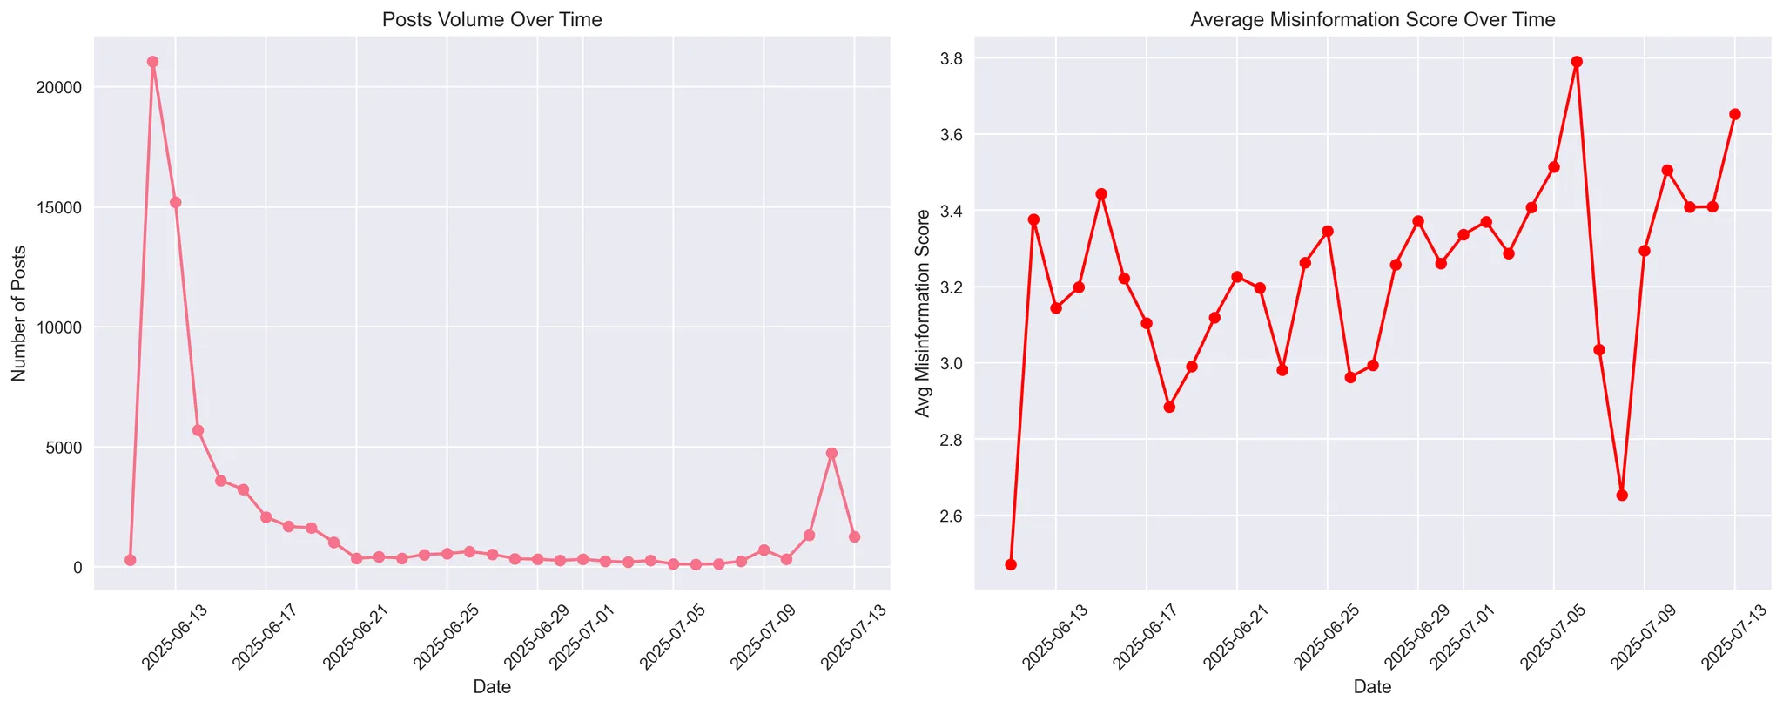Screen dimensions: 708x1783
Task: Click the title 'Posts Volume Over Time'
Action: tap(493, 20)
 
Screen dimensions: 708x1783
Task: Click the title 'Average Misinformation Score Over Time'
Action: tap(1373, 20)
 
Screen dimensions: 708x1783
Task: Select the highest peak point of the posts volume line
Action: tap(152, 62)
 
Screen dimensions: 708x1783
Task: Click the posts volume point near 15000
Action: tap(175, 202)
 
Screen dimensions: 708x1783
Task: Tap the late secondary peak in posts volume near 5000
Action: tap(831, 454)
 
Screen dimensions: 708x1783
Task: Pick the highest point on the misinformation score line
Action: tap(1577, 62)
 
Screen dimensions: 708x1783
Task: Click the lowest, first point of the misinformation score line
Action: tap(1011, 564)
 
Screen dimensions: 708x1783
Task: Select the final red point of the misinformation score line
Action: tap(1735, 114)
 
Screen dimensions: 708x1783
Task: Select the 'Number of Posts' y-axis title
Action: tap(18, 313)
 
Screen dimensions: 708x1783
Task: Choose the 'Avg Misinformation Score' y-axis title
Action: tap(922, 313)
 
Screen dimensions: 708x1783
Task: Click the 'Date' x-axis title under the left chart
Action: tap(492, 687)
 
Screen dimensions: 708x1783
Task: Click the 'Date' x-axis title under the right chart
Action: tap(1372, 687)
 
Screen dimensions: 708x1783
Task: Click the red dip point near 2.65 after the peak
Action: tap(1622, 495)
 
